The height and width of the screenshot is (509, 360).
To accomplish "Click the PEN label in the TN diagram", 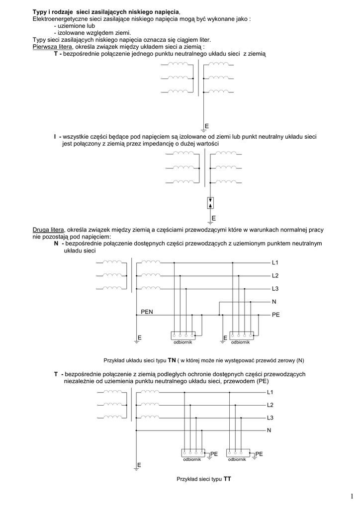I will pyautogui.click(x=147, y=312).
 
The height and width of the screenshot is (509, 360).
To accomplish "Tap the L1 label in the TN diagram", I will pyautogui.click(x=275, y=262).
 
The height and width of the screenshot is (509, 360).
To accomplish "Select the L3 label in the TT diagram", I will pyautogui.click(x=270, y=418).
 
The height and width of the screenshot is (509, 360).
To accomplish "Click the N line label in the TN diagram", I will pyautogui.click(x=274, y=302).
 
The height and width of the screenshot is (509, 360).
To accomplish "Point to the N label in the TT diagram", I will pyautogui.click(x=269, y=430).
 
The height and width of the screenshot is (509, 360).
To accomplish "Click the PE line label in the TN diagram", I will pyautogui.click(x=276, y=315).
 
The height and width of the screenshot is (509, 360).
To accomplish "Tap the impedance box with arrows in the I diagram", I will pyautogui.click(x=210, y=203).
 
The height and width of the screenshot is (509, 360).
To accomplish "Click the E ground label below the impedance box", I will pyautogui.click(x=213, y=218).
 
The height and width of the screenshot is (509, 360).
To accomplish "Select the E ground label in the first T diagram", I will pyautogui.click(x=206, y=125).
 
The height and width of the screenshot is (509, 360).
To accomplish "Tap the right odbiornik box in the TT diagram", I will pyautogui.click(x=238, y=452).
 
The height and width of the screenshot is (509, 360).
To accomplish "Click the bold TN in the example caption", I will pyautogui.click(x=172, y=359).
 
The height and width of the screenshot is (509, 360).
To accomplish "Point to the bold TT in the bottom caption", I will pyautogui.click(x=228, y=479).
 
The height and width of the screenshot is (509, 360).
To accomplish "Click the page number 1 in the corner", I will pyautogui.click(x=351, y=496).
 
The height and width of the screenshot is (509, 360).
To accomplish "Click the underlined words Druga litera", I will pyautogui.click(x=48, y=230).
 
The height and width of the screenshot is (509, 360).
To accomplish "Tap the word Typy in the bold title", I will pyautogui.click(x=40, y=11).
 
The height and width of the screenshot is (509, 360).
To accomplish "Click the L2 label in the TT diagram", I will pyautogui.click(x=270, y=405).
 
